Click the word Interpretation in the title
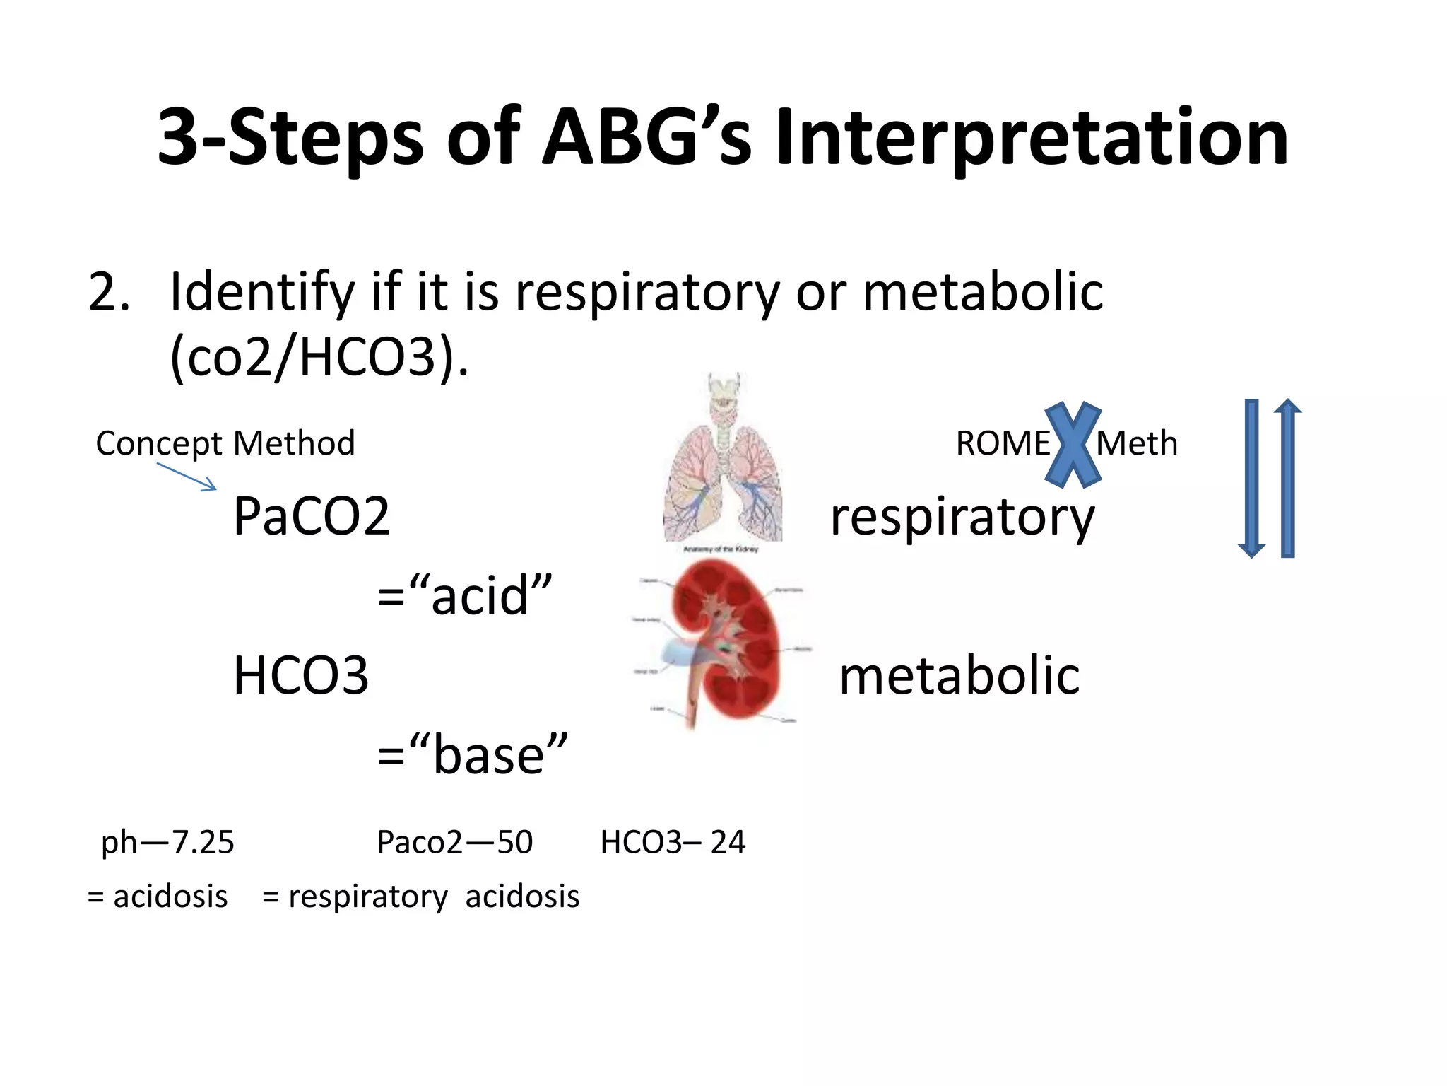click(x=1032, y=138)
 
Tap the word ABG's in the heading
click(x=646, y=138)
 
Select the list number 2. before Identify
click(x=110, y=292)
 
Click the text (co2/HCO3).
click(x=319, y=358)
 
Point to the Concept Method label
click(x=225, y=444)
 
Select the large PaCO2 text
click(x=312, y=517)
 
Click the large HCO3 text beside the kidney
click(x=301, y=676)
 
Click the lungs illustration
click(x=723, y=467)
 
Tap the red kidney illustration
click(x=724, y=640)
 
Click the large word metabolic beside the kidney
click(x=959, y=677)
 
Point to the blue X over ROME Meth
click(x=1073, y=445)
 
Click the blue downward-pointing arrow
click(x=1251, y=481)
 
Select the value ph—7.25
click(x=167, y=842)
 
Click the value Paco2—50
click(x=454, y=842)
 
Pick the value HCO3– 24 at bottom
click(x=673, y=842)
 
